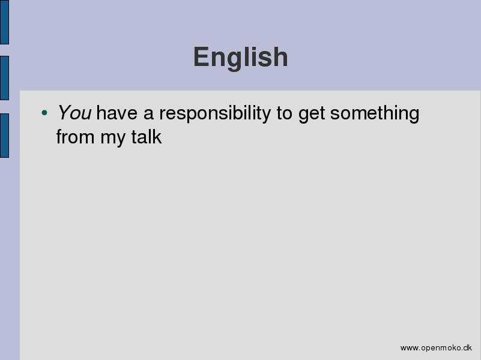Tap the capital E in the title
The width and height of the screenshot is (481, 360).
point(202,56)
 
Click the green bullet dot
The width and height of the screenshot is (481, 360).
point(44,113)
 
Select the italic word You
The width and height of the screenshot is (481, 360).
point(74,112)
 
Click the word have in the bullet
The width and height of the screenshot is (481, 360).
point(117,112)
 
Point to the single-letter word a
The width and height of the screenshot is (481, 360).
point(148,113)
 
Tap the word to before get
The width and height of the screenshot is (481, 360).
point(285,113)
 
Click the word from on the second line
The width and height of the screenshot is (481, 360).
point(75,137)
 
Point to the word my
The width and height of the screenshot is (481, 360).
point(112,139)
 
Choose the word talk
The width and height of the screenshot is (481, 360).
point(147,137)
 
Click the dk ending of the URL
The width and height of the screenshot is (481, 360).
point(468,348)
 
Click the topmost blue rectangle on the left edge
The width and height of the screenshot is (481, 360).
point(4,22)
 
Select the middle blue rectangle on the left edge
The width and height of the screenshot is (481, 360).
point(4,78)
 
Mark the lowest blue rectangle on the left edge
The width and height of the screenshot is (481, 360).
point(4,136)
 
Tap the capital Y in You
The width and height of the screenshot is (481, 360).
point(64,112)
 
